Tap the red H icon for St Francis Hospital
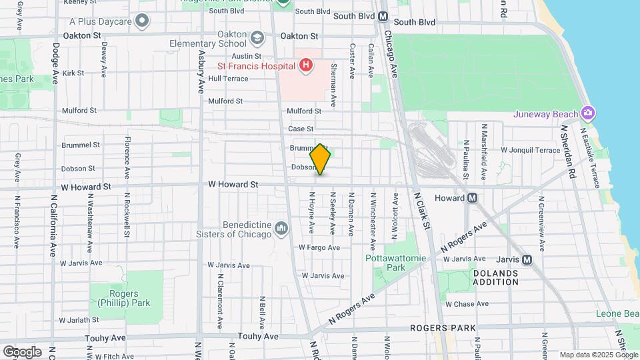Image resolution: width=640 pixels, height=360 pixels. tap(305, 65)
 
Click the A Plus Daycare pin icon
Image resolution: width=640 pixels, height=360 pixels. tap(141, 21)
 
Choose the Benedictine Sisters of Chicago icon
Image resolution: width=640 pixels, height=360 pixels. tap(281, 229)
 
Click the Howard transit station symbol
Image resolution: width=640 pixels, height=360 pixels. tap(472, 197)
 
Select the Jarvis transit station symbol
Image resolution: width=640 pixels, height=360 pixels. tap(527, 259)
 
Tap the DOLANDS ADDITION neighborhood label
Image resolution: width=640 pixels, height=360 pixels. tap(495, 277)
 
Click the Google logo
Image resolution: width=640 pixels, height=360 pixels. tap(22, 351)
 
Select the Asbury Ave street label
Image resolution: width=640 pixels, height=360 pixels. tap(201, 72)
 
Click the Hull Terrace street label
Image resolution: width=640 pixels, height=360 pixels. tap(228, 79)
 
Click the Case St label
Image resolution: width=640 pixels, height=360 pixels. tap(301, 129)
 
